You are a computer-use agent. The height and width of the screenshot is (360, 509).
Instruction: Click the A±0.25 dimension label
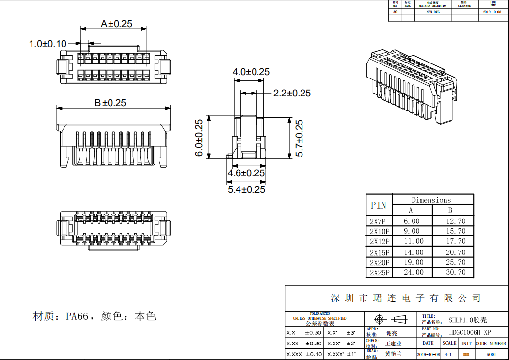116,23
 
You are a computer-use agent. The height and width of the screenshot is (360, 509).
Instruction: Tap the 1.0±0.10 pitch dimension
48,44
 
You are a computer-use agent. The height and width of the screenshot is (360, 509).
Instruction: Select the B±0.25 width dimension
110,103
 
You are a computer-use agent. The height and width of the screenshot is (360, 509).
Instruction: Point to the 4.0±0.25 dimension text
251,72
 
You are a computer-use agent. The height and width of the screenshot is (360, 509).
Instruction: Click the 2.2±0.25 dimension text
292,93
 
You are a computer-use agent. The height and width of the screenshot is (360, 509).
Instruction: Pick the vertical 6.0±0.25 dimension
199,138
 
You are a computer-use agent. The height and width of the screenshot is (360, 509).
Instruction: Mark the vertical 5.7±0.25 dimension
299,138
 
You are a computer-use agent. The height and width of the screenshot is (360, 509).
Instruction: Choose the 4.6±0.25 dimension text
246,173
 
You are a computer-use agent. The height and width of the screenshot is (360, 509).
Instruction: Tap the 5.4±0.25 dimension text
246,189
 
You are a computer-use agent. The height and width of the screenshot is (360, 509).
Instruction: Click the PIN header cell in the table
379,205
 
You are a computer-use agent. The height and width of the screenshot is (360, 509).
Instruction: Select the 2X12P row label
380,241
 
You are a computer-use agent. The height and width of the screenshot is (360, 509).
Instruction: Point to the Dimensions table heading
431,200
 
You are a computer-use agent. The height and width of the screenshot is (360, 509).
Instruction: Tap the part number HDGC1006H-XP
470,332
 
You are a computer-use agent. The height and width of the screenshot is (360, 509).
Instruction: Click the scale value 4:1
449,355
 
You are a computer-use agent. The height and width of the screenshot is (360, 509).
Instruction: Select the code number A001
492,355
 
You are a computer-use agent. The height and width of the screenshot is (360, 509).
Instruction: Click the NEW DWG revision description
429,11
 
